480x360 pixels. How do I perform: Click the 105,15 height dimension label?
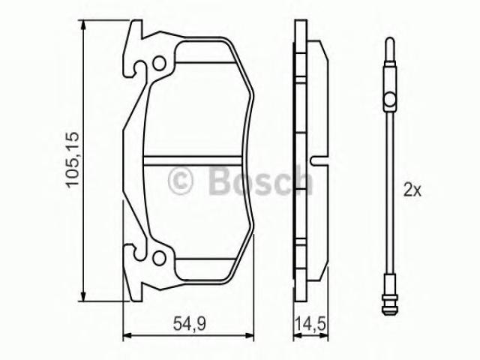coord(73,159)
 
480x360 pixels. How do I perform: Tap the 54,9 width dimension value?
coord(189,323)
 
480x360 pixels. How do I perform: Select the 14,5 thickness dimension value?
coord(310,323)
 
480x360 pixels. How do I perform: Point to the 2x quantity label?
coord(412,190)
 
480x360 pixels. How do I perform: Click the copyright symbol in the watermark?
coord(180,181)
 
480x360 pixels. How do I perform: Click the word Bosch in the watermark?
coord(261,181)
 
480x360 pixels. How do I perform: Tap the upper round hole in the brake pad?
coord(159,64)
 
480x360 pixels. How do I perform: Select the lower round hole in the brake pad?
coord(159,258)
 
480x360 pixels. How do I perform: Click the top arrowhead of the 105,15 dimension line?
coord(82,25)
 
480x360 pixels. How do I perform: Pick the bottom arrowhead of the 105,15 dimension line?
coord(82,296)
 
